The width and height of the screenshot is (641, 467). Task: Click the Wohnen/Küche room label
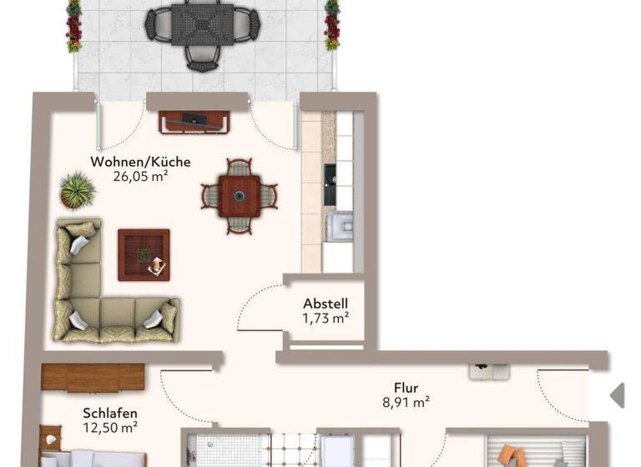click(x=141, y=162)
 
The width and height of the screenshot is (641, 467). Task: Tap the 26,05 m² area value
click(x=141, y=176)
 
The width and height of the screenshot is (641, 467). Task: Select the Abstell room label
click(x=326, y=304)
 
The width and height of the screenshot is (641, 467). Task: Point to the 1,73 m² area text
click(x=326, y=318)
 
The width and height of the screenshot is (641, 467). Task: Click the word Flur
click(x=406, y=387)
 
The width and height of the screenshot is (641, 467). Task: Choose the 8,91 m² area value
click(x=406, y=401)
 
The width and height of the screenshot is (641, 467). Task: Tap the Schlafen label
click(x=110, y=413)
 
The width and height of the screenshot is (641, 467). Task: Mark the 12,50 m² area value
click(x=110, y=427)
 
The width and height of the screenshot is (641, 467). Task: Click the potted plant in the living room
click(x=78, y=191)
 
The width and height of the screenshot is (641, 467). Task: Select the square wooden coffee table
click(x=144, y=254)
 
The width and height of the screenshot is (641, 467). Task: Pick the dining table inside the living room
click(x=240, y=197)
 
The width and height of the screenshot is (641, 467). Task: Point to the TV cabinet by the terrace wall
click(x=195, y=122)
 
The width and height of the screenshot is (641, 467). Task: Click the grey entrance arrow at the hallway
click(x=618, y=394)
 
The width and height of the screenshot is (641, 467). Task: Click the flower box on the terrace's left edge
click(x=74, y=25)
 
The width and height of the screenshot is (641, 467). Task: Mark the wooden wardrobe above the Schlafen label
click(x=93, y=377)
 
